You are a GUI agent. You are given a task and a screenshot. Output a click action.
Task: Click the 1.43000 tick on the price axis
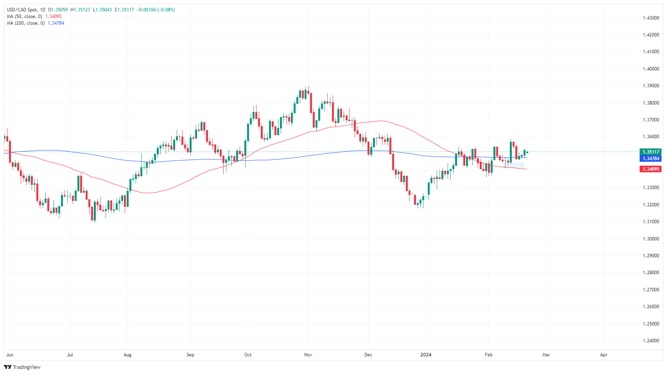tap(651, 18)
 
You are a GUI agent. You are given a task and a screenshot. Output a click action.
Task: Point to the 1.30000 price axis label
tap(651, 239)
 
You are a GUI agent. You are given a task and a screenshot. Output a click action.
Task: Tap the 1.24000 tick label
tap(651, 341)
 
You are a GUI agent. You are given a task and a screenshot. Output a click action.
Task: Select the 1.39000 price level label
tap(651, 86)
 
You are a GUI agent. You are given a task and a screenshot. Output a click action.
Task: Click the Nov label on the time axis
tap(308, 355)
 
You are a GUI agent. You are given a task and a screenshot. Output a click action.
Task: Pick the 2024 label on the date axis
tap(426, 355)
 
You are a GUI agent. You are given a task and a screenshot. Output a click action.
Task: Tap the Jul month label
tap(70, 355)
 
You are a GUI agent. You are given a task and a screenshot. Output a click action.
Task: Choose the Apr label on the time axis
tap(604, 355)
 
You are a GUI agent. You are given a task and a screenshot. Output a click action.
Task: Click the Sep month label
tap(190, 355)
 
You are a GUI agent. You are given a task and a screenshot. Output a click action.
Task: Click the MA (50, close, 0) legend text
tap(25, 16)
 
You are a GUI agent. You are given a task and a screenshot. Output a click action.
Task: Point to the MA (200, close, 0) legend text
tap(26, 23)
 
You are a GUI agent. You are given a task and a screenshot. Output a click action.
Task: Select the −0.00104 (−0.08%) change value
tap(156, 10)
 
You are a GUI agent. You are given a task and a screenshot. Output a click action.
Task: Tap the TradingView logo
tap(22, 367)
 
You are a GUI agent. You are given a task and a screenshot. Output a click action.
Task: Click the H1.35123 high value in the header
tap(80, 10)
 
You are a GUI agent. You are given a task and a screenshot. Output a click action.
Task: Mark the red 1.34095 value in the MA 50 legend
tap(54, 16)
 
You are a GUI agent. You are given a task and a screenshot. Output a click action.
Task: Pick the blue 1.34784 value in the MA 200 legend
tap(56, 23)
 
